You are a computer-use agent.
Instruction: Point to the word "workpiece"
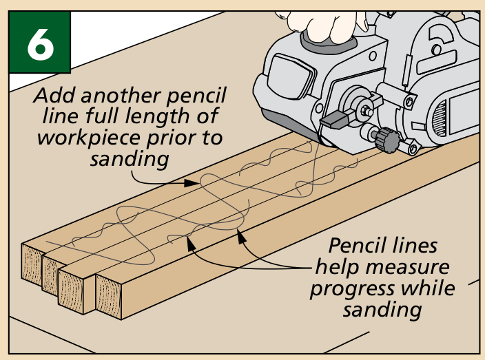point(79,137)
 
